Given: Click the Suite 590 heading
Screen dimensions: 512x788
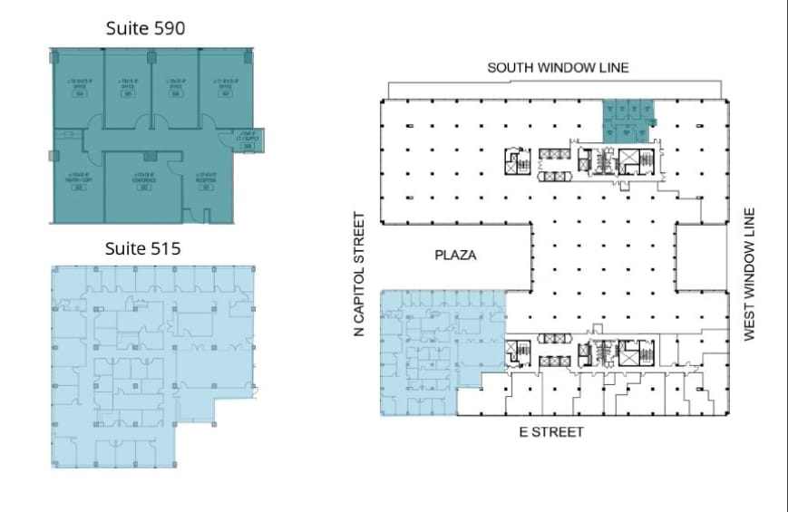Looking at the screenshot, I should coord(145,28).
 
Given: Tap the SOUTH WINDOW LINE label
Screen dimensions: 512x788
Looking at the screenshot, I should coord(557,68).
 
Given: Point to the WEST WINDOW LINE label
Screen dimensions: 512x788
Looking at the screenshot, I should coord(749,275).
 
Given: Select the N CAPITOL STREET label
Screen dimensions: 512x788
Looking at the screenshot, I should coord(359,275).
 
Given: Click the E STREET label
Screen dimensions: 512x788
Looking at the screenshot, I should coord(550,432).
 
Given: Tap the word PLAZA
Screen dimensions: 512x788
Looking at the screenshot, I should coord(455,256).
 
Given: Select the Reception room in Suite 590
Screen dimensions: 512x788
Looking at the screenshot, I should coord(206,181).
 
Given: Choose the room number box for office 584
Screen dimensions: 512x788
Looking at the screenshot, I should coord(80,94).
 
